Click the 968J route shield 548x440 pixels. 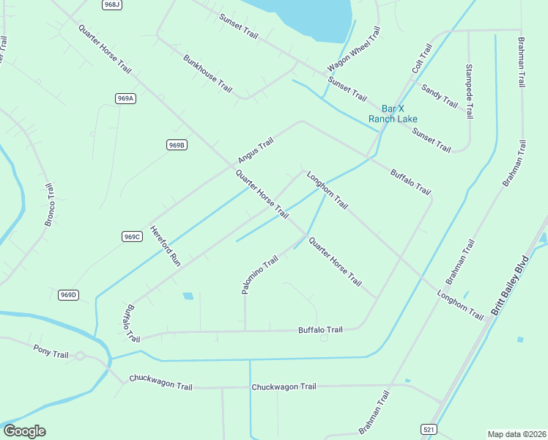tap(111, 4)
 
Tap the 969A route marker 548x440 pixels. tap(125, 98)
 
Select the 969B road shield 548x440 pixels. tap(177, 145)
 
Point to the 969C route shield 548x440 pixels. tap(132, 236)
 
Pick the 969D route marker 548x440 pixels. tap(68, 295)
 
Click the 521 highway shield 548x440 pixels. tap(430, 428)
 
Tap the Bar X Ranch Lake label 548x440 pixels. tap(393, 114)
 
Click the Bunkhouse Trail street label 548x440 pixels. tap(207, 73)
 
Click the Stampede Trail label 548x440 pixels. tap(469, 91)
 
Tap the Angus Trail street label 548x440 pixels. tap(255, 150)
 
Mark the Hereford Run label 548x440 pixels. tap(165, 244)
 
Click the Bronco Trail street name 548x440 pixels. tap(50, 205)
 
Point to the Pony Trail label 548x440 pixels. tap(51, 351)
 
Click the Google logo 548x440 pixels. tap(24, 431)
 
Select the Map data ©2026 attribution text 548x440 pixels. tap(516, 434)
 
